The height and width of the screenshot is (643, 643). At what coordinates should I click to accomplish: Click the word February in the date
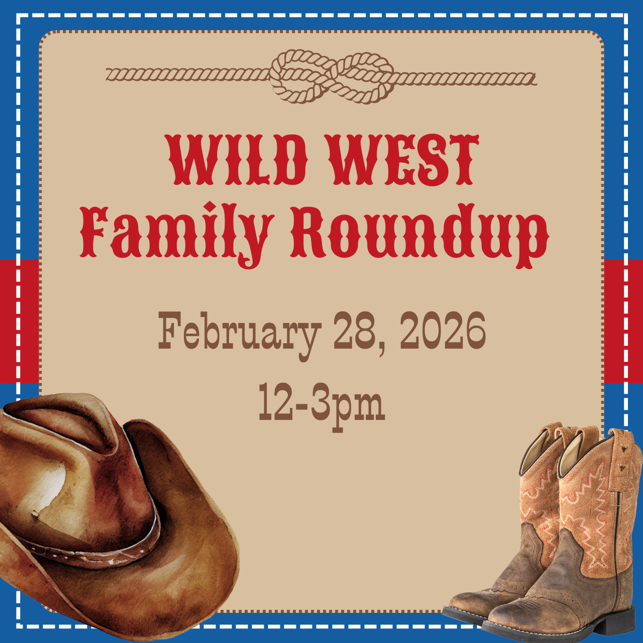click(239, 332)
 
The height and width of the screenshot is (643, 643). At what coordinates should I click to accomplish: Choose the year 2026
click(443, 331)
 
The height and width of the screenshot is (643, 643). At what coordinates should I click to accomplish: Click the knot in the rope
click(332, 76)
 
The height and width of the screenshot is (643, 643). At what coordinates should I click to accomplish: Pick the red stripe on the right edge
click(623, 321)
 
